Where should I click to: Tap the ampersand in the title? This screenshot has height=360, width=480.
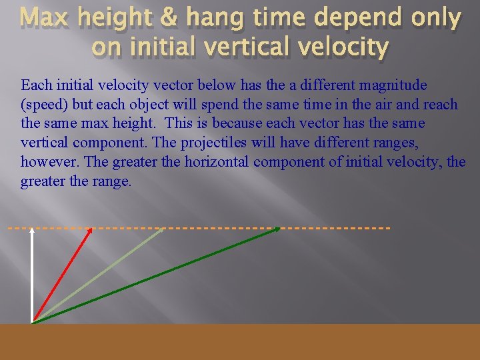[x=149, y=19]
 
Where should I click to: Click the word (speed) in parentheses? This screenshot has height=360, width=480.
[x=45, y=105]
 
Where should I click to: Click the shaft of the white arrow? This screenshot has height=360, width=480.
[x=32, y=280]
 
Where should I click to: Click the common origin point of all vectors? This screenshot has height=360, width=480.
[x=32, y=323]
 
